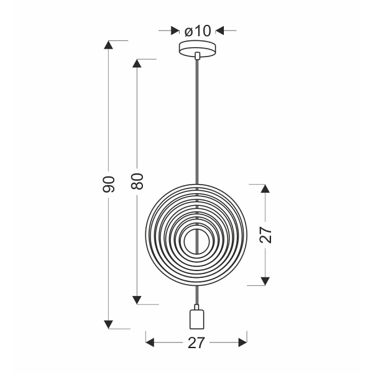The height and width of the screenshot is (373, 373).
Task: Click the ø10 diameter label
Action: pyautogui.click(x=198, y=29)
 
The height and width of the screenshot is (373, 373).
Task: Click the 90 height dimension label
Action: pyautogui.click(x=109, y=184)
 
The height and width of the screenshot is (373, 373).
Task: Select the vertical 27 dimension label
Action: pyautogui.click(x=266, y=234)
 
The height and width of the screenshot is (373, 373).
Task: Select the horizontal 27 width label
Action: pyautogui.click(x=196, y=342)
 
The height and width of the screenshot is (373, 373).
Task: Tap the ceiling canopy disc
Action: pyautogui.click(x=197, y=47)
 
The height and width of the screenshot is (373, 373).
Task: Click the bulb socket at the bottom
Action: pyautogui.click(x=197, y=319)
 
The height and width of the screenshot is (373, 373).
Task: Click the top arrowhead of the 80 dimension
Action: pyautogui.click(x=138, y=63)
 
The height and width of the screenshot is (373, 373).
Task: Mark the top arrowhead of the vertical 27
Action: pyautogui.click(x=266, y=188)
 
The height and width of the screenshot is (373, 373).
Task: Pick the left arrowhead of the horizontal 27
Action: pyautogui.click(x=150, y=342)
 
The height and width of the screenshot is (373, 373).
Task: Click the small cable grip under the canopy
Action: pyautogui.click(x=197, y=57)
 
